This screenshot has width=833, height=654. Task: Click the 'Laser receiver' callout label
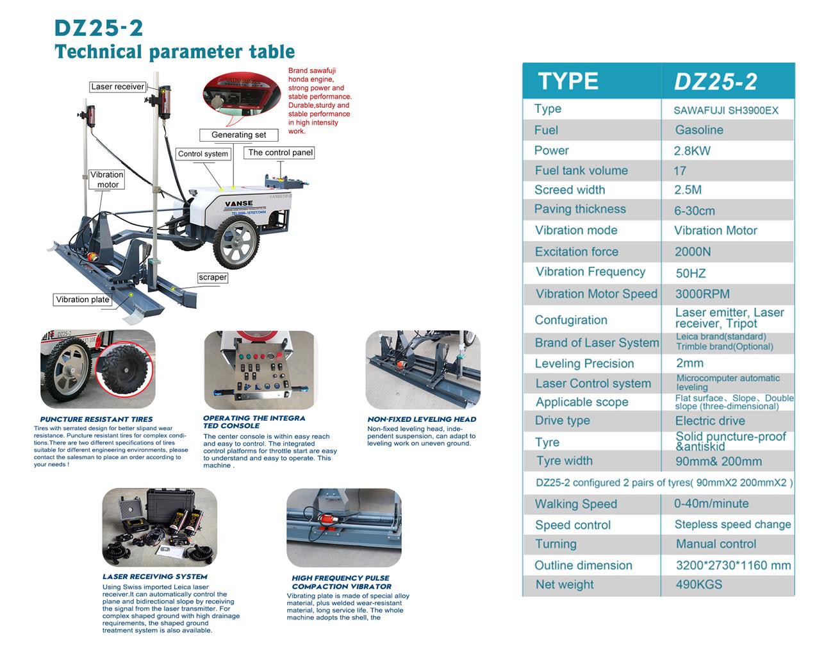tap(117, 87)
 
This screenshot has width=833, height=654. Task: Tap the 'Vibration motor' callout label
tap(106, 180)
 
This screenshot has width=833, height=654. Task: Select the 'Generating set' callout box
tap(238, 135)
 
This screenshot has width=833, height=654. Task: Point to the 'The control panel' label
tap(280, 153)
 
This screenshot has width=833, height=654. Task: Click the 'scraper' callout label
tap(212, 278)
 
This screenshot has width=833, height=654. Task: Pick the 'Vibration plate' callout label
tap(83, 299)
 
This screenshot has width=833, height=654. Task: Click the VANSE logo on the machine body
tap(238, 203)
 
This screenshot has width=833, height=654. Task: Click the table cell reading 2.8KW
tap(692, 151)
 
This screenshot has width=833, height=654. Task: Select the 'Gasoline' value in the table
tap(698, 130)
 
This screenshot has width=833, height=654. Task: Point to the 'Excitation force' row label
tap(576, 252)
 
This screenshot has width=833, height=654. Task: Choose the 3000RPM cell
tap(702, 294)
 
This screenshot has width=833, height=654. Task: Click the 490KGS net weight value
tap(698, 585)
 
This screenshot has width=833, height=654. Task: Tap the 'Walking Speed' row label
tap(575, 504)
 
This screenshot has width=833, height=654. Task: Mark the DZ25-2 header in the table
tap(715, 81)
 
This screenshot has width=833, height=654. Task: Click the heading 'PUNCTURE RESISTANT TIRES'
tap(96, 419)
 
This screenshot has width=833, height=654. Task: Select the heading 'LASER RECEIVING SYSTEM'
tap(155, 576)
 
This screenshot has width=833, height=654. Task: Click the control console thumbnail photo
tap(260, 370)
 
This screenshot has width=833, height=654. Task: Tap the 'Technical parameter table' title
tap(174, 52)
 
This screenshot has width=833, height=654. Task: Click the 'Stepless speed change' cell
tap(732, 524)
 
